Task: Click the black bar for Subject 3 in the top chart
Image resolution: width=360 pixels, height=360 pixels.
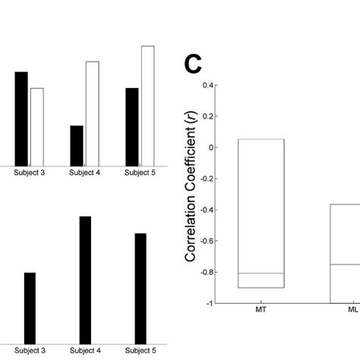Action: pos(21,118)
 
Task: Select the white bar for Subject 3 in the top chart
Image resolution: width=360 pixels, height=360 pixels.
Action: pos(36,127)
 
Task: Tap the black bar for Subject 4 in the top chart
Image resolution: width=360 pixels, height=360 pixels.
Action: pos(77,145)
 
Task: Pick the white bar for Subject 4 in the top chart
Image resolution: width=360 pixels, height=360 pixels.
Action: pos(92,113)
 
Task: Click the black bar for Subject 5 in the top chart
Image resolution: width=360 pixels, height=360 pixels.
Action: pos(132,127)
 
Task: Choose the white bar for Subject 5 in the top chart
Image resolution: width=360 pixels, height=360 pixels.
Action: pos(147,106)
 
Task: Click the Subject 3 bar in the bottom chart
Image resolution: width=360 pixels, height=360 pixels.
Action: pos(30,307)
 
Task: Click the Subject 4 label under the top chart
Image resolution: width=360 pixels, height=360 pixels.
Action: pos(84,172)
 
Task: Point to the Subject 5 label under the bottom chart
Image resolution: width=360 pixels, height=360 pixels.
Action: pos(141,350)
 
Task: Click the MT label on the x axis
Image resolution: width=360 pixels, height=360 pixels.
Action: pos(261,311)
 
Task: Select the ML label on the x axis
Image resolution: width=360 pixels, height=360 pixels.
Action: pos(352,311)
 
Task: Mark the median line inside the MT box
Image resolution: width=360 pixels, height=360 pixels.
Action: pos(261,273)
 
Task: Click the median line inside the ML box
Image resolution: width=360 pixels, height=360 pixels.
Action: pos(345,264)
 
